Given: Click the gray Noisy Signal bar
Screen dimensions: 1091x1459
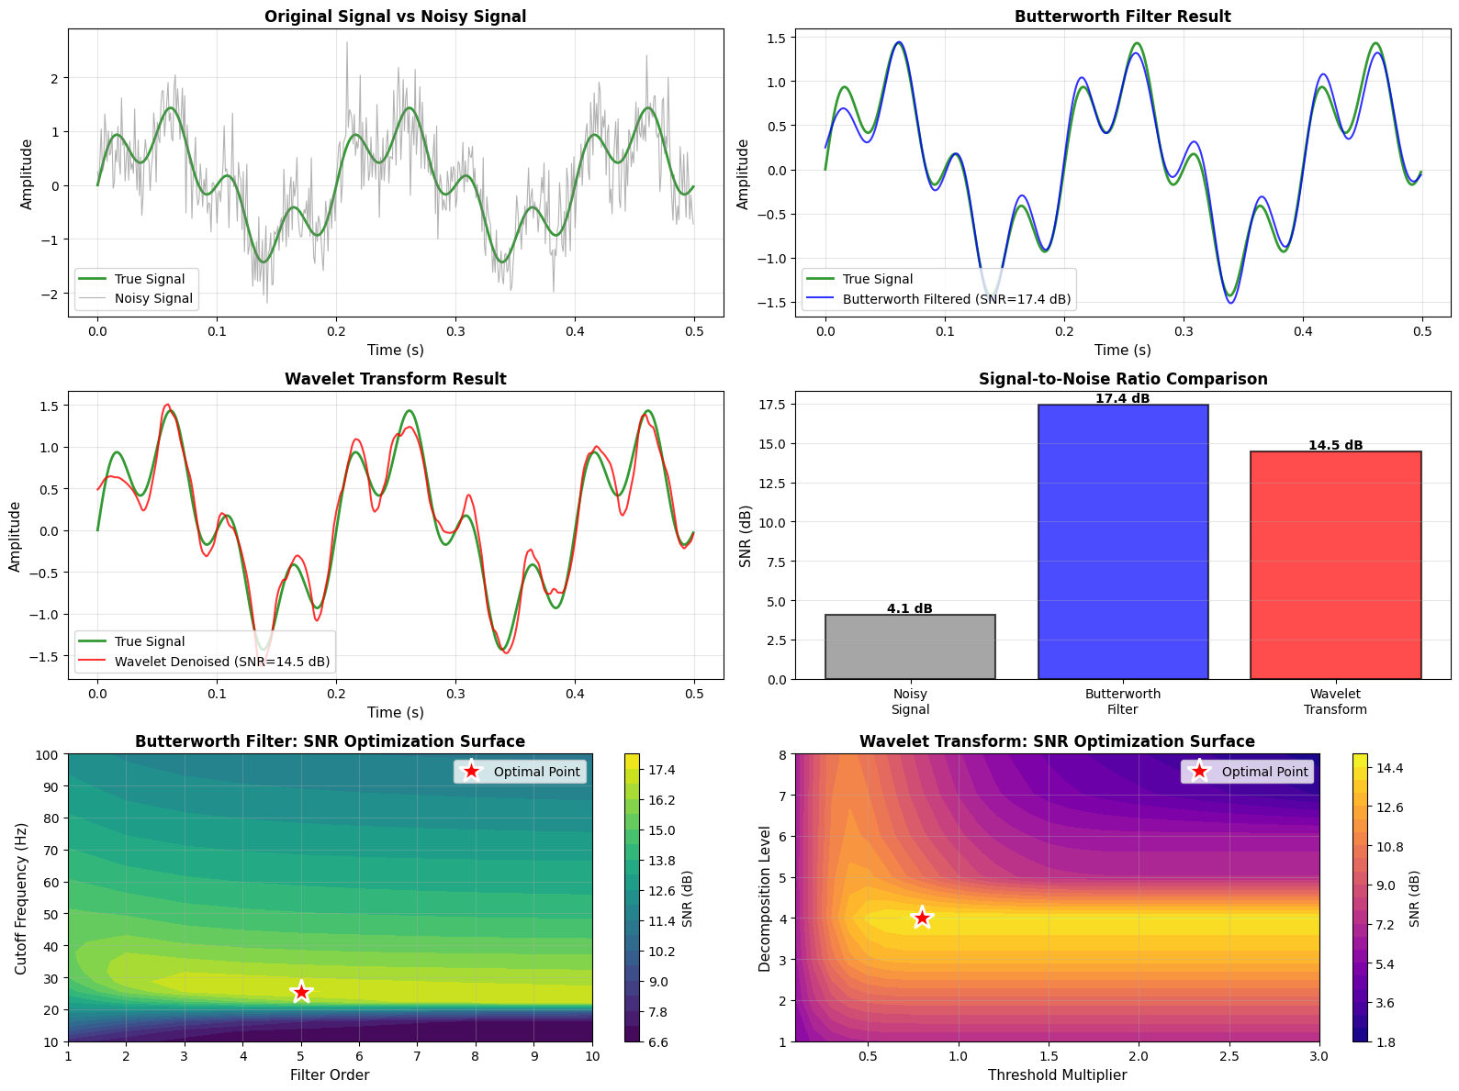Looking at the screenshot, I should (x=910, y=647).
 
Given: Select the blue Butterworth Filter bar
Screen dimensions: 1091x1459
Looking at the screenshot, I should (x=1122, y=541).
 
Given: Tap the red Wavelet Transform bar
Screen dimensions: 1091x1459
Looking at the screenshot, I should (x=1335, y=564).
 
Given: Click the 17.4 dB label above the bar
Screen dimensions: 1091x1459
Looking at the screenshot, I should (x=1122, y=399).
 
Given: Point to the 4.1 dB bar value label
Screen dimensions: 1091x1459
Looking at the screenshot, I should (x=910, y=608).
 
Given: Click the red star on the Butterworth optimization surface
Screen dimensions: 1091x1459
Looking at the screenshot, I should (x=301, y=992).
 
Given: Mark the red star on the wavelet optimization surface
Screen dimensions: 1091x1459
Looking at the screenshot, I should (x=922, y=918).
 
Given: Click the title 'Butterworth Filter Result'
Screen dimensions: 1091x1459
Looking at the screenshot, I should (x=1122, y=17).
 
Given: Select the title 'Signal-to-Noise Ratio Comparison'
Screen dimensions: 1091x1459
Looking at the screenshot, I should (x=1122, y=379).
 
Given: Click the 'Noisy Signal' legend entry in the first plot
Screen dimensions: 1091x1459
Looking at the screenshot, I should (x=153, y=298).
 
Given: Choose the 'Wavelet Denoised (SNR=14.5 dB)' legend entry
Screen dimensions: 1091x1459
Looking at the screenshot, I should (x=221, y=662).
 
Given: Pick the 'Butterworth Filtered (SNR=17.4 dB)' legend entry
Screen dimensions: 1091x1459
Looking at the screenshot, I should (x=956, y=299).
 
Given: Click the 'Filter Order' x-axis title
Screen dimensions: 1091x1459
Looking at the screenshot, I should (x=330, y=1074).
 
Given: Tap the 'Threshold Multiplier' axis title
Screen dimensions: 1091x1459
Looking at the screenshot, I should (x=1057, y=1074).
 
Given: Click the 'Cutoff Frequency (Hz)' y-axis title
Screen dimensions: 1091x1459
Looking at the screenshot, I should (x=22, y=898).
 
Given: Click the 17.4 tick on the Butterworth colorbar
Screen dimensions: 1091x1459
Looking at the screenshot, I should (x=662, y=770).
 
